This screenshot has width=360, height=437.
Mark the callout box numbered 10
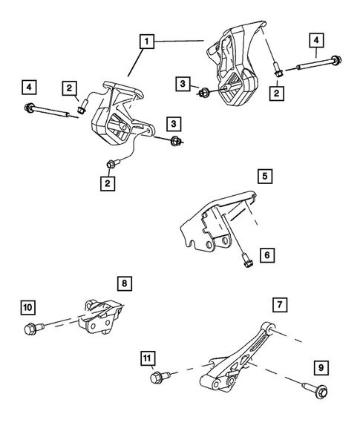pyautogui.click(x=27, y=306)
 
